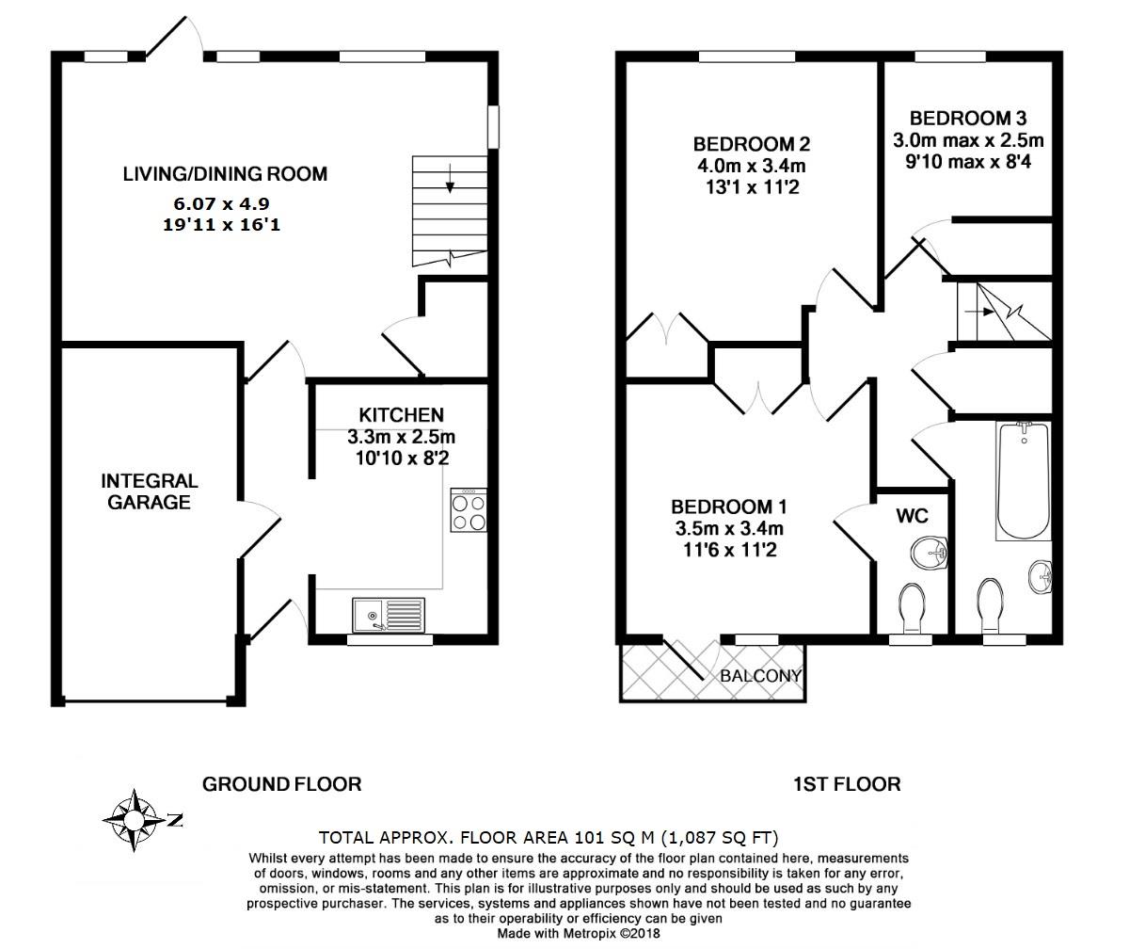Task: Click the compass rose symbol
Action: click(x=135, y=820)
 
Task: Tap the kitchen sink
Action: click(x=389, y=615)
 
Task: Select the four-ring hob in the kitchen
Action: click(x=469, y=511)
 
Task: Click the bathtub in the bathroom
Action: click(x=1024, y=480)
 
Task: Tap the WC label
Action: click(x=913, y=516)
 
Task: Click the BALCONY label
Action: click(x=760, y=675)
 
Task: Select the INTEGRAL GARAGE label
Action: click(x=149, y=491)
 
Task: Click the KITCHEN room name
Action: click(x=401, y=414)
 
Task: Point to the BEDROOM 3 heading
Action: click(x=967, y=119)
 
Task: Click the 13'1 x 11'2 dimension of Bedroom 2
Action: click(x=751, y=186)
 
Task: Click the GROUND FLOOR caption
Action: click(x=282, y=783)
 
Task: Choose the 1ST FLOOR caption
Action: click(x=847, y=783)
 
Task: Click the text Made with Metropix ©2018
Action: click(x=579, y=933)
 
